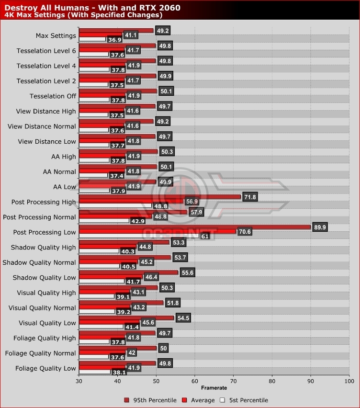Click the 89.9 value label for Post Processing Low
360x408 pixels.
click(319, 227)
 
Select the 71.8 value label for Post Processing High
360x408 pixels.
click(249, 197)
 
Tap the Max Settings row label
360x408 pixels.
click(56, 35)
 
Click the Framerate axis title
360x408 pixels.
click(214, 388)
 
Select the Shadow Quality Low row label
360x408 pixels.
click(45, 278)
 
